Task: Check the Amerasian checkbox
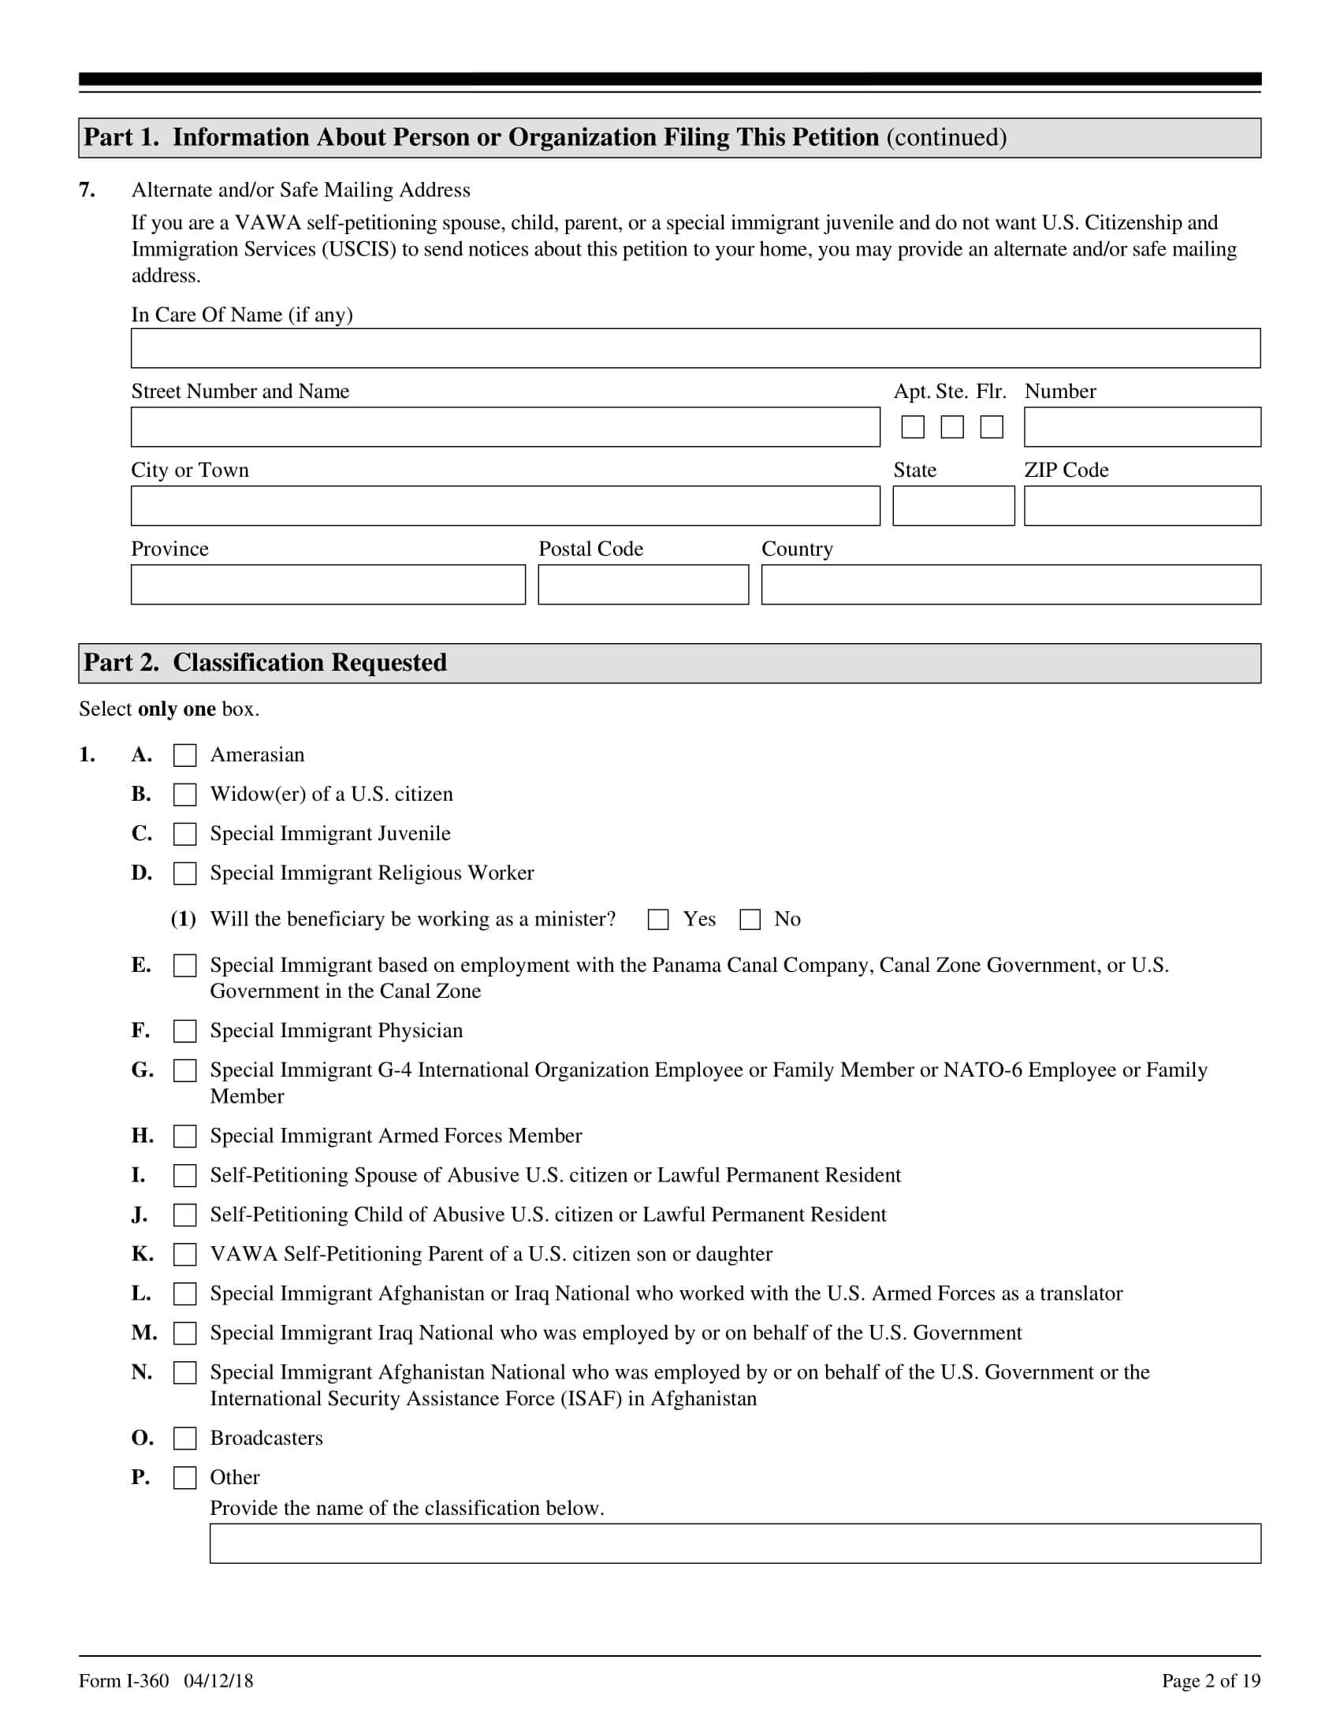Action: pos(185,755)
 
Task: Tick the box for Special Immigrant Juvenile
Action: pos(185,834)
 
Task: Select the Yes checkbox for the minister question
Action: pos(658,919)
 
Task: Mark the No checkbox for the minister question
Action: pos(750,919)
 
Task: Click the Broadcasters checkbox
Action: pos(185,1438)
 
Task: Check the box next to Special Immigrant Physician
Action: pos(185,1031)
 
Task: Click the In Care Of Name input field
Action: pos(695,348)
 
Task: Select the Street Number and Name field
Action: pos(506,427)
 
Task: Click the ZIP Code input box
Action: pos(1141,506)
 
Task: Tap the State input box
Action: pos(954,506)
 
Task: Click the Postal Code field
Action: pos(643,584)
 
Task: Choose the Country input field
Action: pos(1011,584)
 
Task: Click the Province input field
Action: pos(328,584)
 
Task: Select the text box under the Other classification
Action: pos(735,1543)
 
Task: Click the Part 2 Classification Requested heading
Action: pos(265,663)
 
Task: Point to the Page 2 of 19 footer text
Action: pos(1211,1681)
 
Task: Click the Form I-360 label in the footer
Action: pos(124,1681)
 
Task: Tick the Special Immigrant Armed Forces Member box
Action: pos(185,1136)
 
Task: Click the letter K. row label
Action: pos(142,1255)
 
